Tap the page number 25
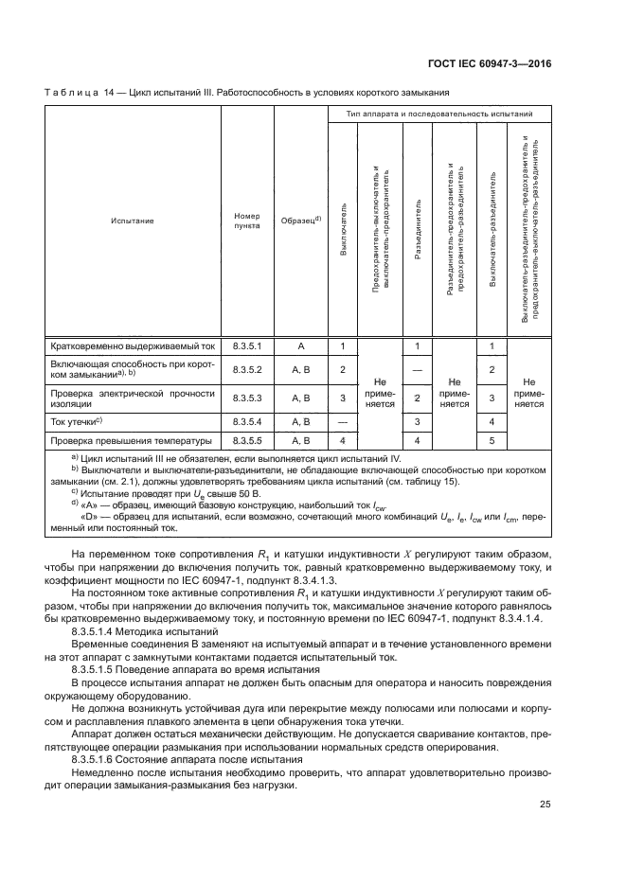[545, 805]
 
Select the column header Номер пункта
[246, 221]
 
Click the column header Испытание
[132, 221]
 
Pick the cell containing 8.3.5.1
[246, 347]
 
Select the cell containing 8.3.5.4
[246, 419]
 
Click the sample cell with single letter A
[300, 347]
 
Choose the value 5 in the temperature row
[492, 440]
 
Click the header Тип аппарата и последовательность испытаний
[438, 114]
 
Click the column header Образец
[300, 221]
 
